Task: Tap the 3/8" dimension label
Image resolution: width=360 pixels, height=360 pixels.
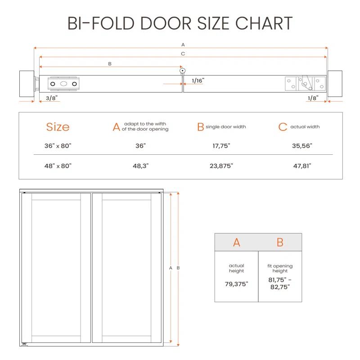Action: [52, 98]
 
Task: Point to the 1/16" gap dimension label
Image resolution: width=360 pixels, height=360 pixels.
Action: [198, 81]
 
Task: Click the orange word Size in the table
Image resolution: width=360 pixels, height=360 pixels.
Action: [58, 127]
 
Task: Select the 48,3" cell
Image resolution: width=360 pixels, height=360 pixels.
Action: [141, 166]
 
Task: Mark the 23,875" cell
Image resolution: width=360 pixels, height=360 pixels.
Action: [221, 166]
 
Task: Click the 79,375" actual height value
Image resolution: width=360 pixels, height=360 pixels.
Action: [236, 284]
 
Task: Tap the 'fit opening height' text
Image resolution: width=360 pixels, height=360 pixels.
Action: [280, 268]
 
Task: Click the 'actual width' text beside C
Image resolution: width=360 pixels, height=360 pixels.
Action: [305, 127]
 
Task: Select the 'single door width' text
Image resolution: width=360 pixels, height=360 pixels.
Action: [226, 127]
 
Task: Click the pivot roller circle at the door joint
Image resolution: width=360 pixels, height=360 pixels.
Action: [182, 71]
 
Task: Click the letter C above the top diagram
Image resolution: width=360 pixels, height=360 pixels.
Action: [183, 54]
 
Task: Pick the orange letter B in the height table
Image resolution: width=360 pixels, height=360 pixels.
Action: [280, 243]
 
